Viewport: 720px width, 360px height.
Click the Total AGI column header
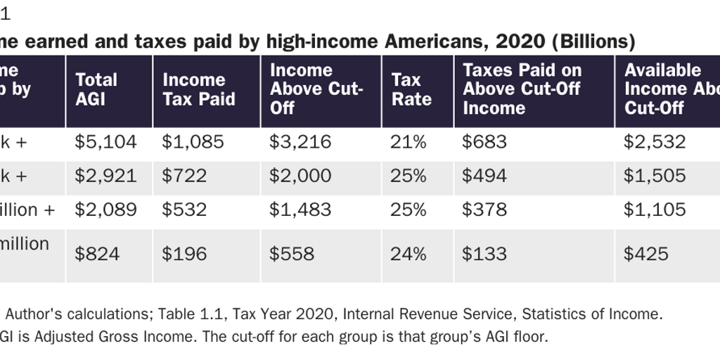tap(96, 89)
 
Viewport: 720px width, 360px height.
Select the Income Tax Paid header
tap(194, 89)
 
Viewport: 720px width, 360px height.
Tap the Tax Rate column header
tap(411, 89)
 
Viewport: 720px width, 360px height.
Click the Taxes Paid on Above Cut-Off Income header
tap(522, 89)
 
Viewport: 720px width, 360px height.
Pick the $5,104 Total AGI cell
tap(105, 142)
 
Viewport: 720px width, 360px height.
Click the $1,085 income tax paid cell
tap(193, 142)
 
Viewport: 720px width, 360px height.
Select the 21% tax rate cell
tap(409, 142)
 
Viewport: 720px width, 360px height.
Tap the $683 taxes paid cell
tap(484, 142)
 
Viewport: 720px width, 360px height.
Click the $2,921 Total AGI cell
tap(105, 176)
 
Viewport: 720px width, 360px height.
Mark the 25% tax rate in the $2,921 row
tap(409, 176)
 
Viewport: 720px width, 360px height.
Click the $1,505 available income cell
tap(655, 176)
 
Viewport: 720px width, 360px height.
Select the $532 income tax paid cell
tap(184, 210)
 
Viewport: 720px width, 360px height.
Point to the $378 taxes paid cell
tap(484, 210)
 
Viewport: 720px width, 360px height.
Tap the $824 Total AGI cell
tap(97, 254)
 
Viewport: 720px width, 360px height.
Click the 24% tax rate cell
tap(409, 254)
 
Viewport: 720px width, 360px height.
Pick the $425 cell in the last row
tap(646, 254)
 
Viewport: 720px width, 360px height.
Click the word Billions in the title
tap(593, 42)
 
